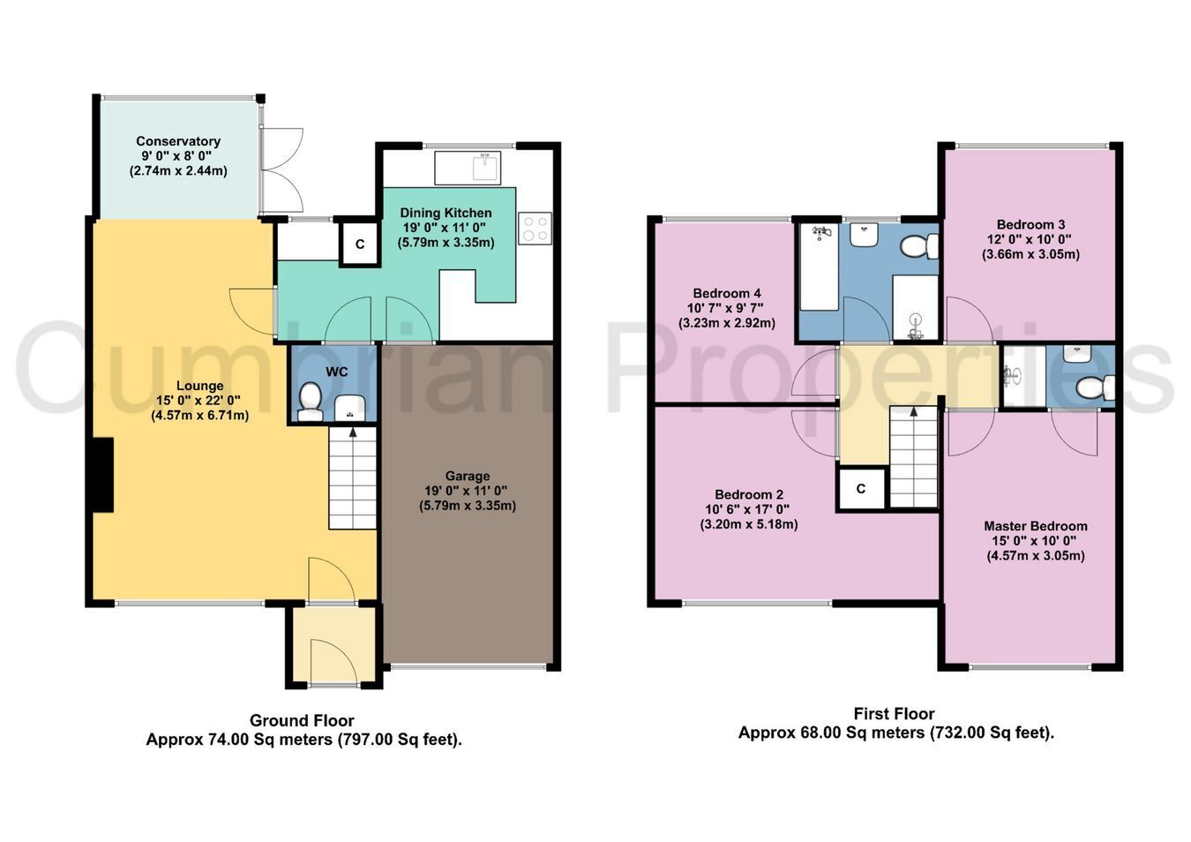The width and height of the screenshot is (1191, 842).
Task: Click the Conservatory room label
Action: (177, 141)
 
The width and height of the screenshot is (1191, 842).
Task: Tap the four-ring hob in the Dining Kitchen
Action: (535, 229)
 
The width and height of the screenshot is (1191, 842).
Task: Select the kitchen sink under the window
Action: (468, 168)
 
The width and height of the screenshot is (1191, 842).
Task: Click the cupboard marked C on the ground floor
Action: (359, 244)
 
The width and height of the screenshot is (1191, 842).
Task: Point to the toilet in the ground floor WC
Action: (310, 402)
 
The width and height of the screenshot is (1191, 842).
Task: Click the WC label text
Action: (336, 372)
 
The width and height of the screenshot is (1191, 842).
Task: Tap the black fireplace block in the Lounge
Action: (103, 475)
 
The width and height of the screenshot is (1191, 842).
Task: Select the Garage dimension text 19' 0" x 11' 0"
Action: (466, 491)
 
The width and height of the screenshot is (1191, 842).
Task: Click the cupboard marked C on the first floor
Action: (861, 488)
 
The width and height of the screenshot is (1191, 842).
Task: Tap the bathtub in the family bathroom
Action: (820, 267)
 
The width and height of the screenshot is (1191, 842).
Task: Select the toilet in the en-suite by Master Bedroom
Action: (1096, 387)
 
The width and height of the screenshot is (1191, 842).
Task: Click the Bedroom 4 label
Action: (727, 293)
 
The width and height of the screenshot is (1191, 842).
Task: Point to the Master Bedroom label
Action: (1035, 526)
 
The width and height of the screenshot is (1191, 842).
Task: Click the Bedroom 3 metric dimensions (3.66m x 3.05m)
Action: (1030, 254)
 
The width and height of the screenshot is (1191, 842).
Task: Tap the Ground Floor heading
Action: (302, 720)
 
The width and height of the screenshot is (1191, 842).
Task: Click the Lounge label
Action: (200, 386)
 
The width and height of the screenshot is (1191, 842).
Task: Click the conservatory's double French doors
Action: (281, 170)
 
